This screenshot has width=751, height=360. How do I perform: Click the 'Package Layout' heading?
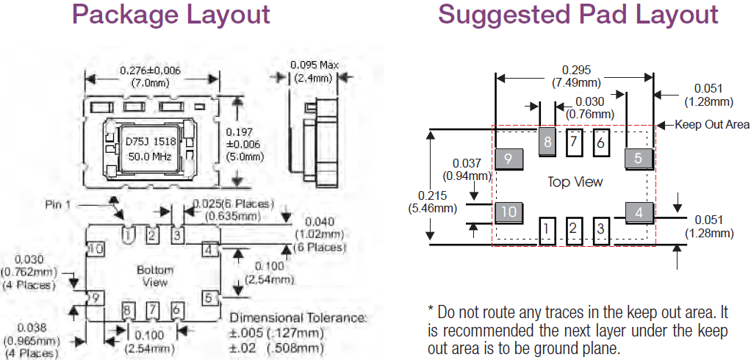tap(171, 15)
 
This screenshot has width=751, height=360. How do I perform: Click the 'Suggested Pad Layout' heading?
tap(578, 15)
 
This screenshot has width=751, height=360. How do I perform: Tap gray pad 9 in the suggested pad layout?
tap(509, 158)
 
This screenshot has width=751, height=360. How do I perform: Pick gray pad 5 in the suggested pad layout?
tap(638, 158)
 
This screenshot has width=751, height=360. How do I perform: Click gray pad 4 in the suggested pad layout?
tap(639, 213)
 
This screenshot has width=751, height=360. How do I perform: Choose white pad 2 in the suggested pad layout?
tap(572, 230)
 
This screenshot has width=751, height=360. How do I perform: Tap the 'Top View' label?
tap(575, 181)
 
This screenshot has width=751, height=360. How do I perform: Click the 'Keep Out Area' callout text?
tap(712, 125)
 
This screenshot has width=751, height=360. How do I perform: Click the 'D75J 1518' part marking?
tap(149, 140)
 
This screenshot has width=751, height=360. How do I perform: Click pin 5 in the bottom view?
tap(209, 298)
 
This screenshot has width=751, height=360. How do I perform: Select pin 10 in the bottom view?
tap(95, 249)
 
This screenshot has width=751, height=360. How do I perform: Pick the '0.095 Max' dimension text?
tap(315, 65)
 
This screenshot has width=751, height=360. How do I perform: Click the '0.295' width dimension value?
tap(576, 70)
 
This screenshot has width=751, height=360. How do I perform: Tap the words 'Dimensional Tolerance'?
tap(298, 318)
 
